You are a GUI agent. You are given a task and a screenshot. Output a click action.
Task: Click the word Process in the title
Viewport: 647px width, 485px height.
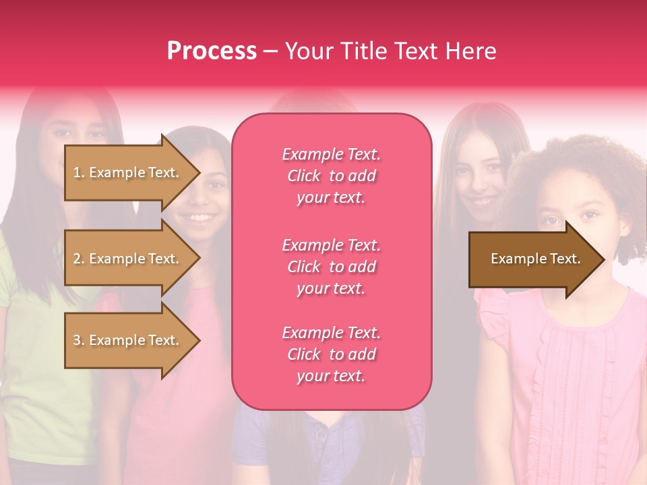[212, 51]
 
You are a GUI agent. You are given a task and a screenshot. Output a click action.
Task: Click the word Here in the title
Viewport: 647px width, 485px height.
[470, 51]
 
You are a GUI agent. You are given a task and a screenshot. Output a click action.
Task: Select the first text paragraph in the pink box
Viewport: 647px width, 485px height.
[332, 176]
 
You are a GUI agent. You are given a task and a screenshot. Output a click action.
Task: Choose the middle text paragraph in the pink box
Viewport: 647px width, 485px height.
[332, 267]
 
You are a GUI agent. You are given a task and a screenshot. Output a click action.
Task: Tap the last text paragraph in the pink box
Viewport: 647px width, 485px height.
[332, 354]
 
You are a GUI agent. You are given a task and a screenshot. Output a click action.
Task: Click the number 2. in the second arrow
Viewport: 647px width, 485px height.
[79, 259]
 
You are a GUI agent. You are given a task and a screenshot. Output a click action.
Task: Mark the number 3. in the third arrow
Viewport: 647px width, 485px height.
[79, 340]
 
